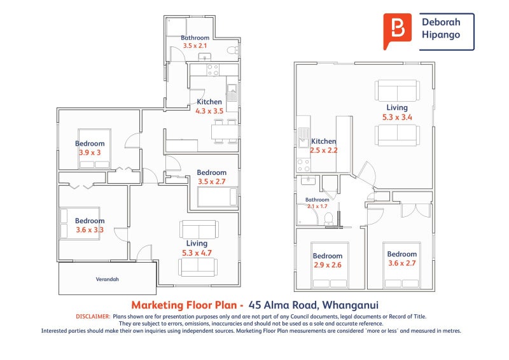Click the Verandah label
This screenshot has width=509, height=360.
(x=107, y=279)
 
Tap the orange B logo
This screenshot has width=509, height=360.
(x=397, y=31)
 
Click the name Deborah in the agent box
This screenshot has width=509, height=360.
(x=441, y=22)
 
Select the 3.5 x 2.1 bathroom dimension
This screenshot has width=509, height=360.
(x=195, y=46)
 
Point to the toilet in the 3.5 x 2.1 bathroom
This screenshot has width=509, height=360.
(x=232, y=51)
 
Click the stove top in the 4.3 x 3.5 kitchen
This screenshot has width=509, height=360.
(x=213, y=70)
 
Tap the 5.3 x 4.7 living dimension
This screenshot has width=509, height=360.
(x=197, y=253)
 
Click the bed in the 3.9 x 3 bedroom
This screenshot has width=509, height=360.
(x=94, y=149)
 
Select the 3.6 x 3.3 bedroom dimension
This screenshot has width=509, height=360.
(x=90, y=230)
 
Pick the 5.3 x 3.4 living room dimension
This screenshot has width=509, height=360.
(x=397, y=117)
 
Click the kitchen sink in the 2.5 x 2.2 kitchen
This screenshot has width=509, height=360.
(x=304, y=137)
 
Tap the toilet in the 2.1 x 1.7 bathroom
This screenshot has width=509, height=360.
(x=328, y=219)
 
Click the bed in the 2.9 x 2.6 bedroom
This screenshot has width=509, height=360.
(x=330, y=265)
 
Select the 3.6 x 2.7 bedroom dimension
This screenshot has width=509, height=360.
(x=402, y=263)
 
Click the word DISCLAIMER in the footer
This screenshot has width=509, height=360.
(x=93, y=317)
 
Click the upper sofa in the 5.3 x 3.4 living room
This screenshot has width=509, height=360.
(x=397, y=90)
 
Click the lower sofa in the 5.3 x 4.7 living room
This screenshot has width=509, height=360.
(x=198, y=268)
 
